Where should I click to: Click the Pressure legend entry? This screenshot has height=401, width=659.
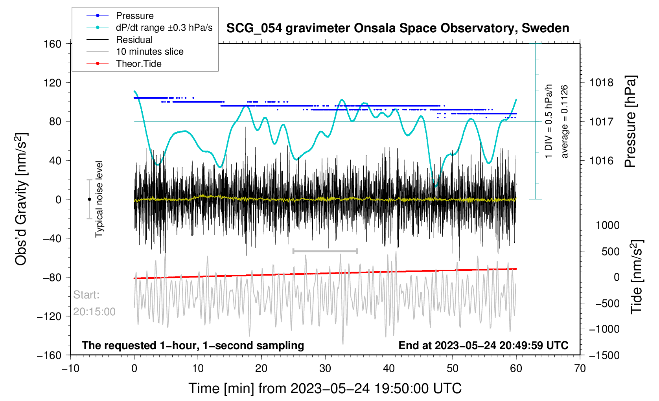point(134,16)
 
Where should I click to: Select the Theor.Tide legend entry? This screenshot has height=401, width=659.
point(138,64)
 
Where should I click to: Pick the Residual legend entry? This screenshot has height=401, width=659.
point(134,40)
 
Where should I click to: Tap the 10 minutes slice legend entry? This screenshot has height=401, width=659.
point(149,52)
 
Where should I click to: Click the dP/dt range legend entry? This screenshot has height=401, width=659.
point(164,28)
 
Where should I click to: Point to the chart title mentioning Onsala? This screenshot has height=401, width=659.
point(398,28)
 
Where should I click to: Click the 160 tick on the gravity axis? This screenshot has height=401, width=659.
point(53,44)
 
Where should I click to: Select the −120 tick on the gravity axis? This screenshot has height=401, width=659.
point(49,316)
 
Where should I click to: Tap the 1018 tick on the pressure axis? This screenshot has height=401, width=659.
point(601,83)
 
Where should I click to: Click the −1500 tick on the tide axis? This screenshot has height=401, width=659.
point(604,355)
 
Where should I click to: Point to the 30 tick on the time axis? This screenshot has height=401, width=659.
point(325,368)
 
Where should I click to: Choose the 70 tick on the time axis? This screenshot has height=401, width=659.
point(580,368)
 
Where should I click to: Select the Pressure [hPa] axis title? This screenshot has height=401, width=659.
point(630,121)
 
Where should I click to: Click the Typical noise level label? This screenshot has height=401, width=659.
point(99,199)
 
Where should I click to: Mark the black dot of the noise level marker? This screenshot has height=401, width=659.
point(89,199)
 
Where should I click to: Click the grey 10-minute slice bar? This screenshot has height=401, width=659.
point(325,251)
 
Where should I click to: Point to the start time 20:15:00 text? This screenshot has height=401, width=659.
point(94,312)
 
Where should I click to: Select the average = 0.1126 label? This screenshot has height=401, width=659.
point(565,121)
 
